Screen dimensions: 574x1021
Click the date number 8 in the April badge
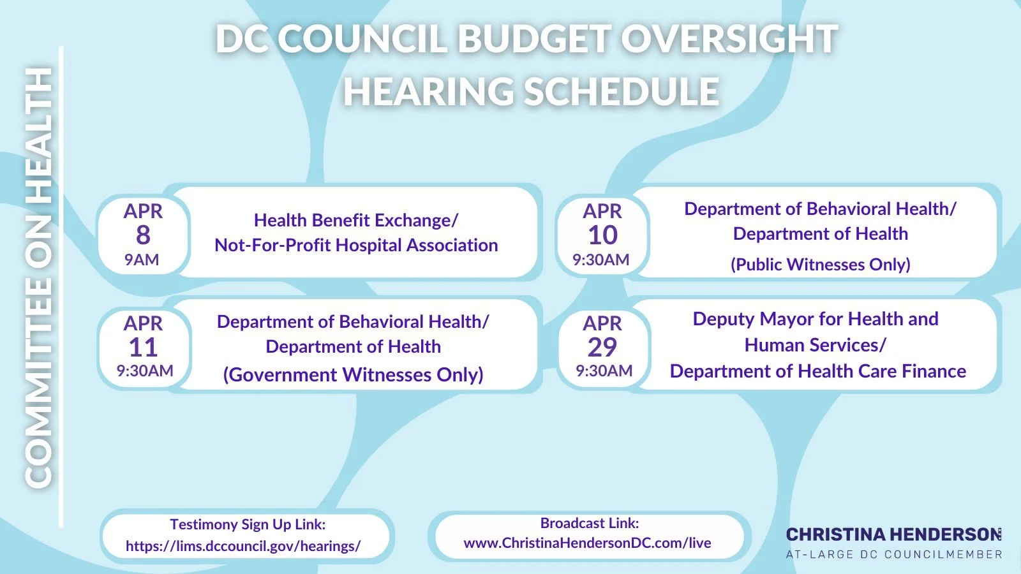tap(143, 235)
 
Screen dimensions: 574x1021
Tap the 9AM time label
tap(142, 260)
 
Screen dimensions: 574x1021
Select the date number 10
tap(602, 235)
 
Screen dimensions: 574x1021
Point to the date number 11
tap(143, 348)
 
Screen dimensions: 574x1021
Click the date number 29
tap(602, 348)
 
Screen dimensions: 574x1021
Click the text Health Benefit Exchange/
tap(355, 220)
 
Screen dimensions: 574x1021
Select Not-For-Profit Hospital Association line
tap(355, 245)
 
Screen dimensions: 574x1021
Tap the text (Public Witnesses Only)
tap(820, 264)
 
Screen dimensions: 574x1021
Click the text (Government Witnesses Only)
tap(353, 374)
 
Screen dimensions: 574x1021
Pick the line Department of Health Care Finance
tap(817, 371)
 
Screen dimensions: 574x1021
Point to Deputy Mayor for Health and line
tap(815, 319)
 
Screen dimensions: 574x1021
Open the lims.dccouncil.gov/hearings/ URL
tap(243, 546)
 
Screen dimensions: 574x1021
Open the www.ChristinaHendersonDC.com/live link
tap(587, 543)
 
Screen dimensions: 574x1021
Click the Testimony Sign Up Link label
tap(248, 524)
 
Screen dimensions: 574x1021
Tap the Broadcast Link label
tap(589, 523)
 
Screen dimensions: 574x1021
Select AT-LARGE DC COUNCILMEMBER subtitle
tap(893, 554)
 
